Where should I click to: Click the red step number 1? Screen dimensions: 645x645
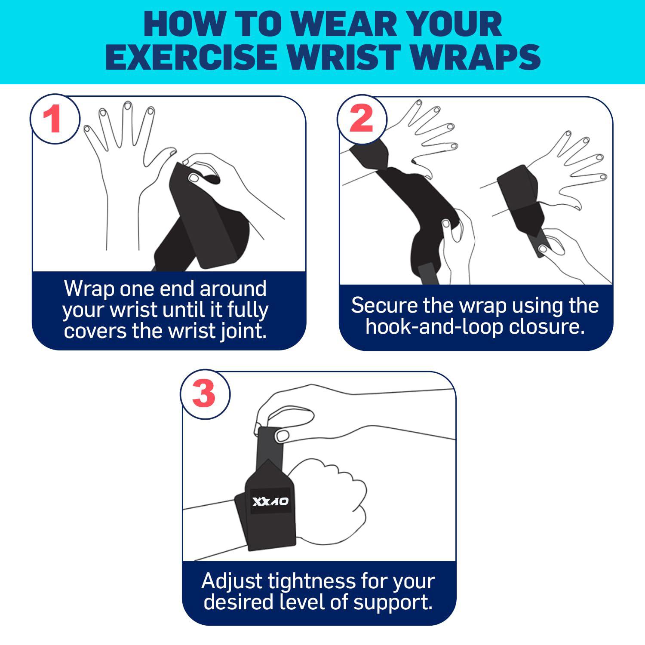click(x=54, y=120)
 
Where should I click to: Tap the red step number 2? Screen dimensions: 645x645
click(x=361, y=119)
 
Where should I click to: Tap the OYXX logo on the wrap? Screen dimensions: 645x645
click(x=270, y=501)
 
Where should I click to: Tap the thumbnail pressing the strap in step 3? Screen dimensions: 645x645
click(x=283, y=436)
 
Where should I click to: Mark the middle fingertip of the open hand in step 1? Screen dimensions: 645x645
click(x=127, y=106)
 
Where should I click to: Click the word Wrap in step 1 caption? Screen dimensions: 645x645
click(x=88, y=289)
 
